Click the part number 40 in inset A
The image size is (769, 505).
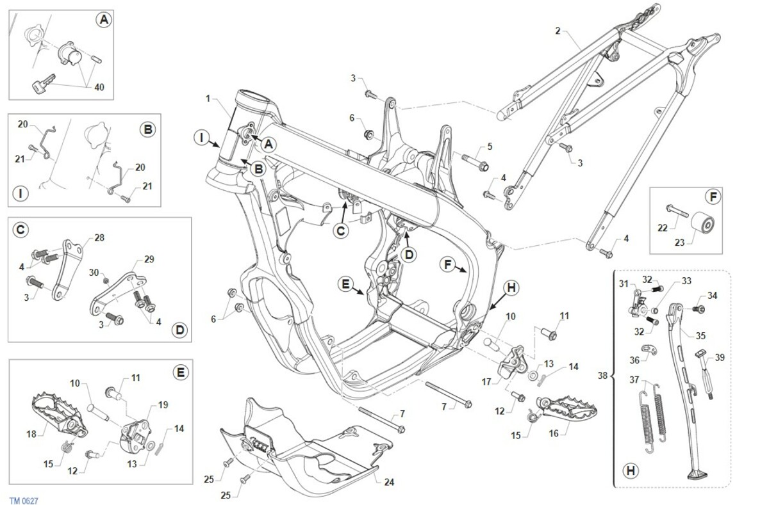100,87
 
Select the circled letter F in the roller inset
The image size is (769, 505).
712,197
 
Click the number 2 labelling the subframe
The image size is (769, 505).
558,30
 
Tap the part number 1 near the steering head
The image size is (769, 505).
208,99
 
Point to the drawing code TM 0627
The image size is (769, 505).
24,501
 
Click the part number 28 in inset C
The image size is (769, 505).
99,237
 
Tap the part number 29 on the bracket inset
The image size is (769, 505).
149,261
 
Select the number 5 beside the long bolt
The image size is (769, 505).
490,147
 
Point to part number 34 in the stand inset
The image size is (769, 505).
713,296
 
